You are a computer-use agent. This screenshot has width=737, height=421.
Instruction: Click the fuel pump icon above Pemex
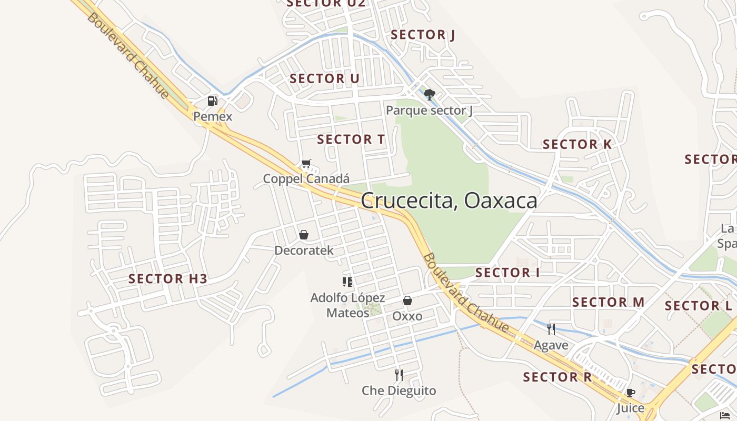[213, 101]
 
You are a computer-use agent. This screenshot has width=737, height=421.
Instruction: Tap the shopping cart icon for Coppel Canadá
[306, 164]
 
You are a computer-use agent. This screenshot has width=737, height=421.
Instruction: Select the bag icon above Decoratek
[304, 235]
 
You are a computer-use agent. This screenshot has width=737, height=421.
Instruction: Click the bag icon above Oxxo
[407, 301]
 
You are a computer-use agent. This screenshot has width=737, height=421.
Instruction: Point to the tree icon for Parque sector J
[430, 95]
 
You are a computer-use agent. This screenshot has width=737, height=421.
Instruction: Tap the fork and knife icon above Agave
[551, 329]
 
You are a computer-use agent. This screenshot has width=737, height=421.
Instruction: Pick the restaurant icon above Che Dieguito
[399, 375]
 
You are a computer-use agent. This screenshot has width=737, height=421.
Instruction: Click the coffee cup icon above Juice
[631, 393]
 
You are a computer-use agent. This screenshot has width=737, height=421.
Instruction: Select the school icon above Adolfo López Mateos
[347, 282]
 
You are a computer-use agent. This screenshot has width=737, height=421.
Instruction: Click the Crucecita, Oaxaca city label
[449, 201]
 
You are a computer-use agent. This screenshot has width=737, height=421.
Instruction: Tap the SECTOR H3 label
[168, 279]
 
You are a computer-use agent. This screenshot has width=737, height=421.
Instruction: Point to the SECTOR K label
[577, 144]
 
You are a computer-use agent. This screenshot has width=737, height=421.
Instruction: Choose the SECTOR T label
[351, 139]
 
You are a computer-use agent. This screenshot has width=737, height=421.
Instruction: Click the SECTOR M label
[608, 302]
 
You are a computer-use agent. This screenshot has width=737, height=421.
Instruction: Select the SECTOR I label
[507, 273]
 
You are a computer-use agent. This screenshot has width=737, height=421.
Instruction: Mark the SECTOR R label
[557, 377]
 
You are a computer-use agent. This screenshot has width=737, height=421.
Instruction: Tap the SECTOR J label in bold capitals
[423, 35]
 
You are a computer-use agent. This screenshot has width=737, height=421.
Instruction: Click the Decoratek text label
[304, 250]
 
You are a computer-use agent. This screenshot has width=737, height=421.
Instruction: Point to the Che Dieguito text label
[399, 391]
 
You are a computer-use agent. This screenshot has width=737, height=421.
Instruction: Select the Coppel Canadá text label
[306, 179]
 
